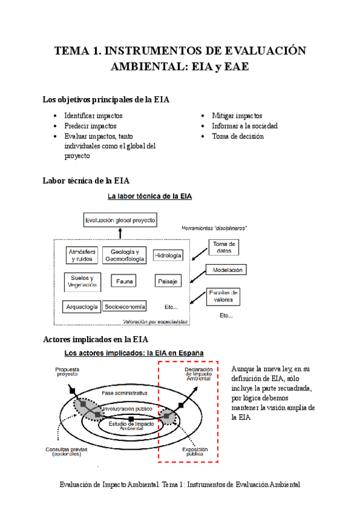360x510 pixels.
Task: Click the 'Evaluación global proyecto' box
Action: point(120,220)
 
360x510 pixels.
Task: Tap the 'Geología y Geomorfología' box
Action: point(124,255)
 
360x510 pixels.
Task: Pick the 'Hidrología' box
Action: point(168,256)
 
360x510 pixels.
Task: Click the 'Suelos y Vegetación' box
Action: point(82,281)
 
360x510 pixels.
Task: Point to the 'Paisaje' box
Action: point(168,281)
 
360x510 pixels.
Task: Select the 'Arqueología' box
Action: point(82,307)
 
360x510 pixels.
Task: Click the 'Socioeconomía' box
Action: point(124,307)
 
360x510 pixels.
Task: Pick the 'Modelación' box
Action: point(227,271)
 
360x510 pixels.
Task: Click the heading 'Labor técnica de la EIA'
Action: point(86,180)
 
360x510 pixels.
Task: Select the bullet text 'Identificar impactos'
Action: point(93,115)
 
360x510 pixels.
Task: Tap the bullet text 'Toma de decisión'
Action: point(237,136)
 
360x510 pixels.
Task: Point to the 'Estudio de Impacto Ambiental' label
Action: point(131,426)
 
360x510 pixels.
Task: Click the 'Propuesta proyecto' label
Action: point(67,372)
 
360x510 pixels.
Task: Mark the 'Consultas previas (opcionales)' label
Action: point(66,452)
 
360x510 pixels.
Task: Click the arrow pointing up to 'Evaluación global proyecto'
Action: point(120,232)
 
